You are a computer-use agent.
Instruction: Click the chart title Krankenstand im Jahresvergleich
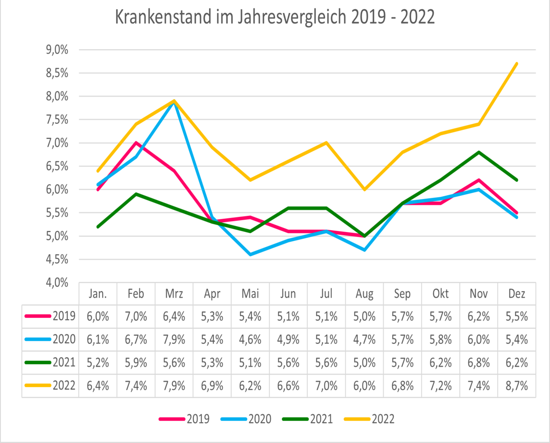coord(275,19)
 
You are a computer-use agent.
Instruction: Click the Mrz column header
coord(174,293)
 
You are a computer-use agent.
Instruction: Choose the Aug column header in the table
coord(364,293)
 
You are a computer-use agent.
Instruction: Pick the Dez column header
coord(517,293)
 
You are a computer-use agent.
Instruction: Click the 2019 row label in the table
coord(64,316)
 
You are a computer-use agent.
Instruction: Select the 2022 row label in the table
coord(64,385)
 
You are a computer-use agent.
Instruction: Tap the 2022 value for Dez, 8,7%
coord(517,385)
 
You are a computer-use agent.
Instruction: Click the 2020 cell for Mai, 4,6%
coord(250,339)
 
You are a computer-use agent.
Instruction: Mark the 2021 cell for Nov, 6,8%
coord(478,362)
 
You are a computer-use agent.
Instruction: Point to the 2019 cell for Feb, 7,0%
coord(136,316)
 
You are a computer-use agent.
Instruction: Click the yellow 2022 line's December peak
coord(517,64)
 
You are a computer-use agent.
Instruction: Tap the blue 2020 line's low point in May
coord(250,255)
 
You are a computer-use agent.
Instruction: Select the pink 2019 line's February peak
coord(136,143)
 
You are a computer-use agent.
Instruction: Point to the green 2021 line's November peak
coord(479,152)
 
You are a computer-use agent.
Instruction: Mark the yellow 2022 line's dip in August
coord(365,189)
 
